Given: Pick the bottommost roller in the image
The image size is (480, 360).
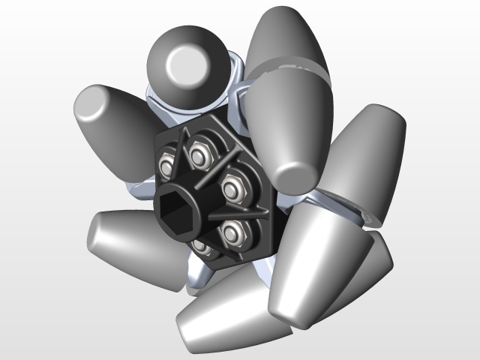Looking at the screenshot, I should click(x=225, y=315).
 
